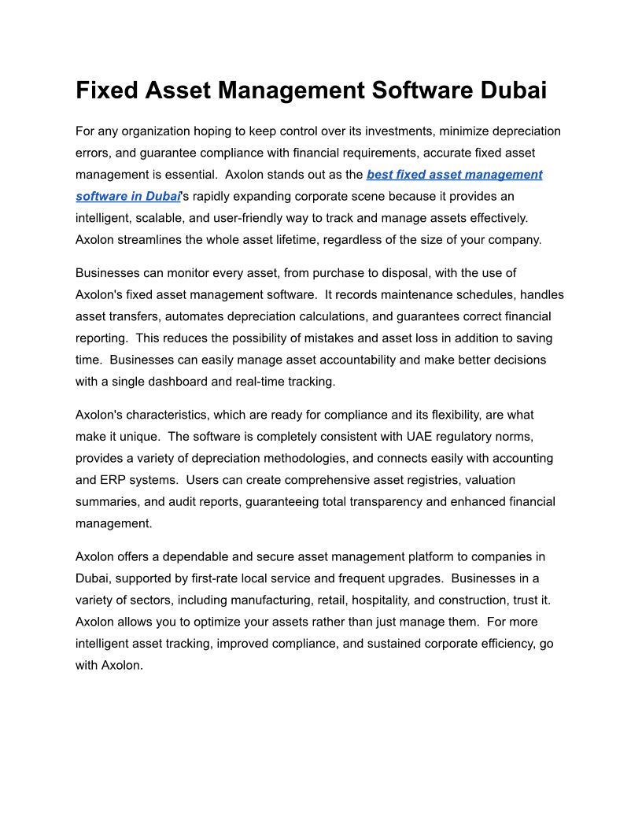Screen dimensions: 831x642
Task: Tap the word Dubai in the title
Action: pyautogui.click(x=511, y=90)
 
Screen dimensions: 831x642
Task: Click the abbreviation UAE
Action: pyautogui.click(x=422, y=436)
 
